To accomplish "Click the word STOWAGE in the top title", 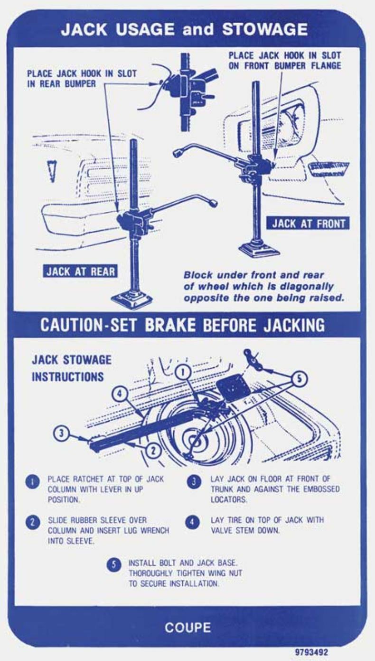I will pyautogui.click(x=265, y=29).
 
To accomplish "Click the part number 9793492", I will pyautogui.click(x=311, y=652).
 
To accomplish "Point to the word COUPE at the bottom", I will pyautogui.click(x=187, y=627).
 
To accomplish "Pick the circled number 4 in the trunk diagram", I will pyautogui.click(x=120, y=394).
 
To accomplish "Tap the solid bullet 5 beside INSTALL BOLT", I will pyautogui.click(x=113, y=565).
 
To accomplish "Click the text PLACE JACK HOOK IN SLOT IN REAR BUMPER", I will pyautogui.click(x=81, y=79).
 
